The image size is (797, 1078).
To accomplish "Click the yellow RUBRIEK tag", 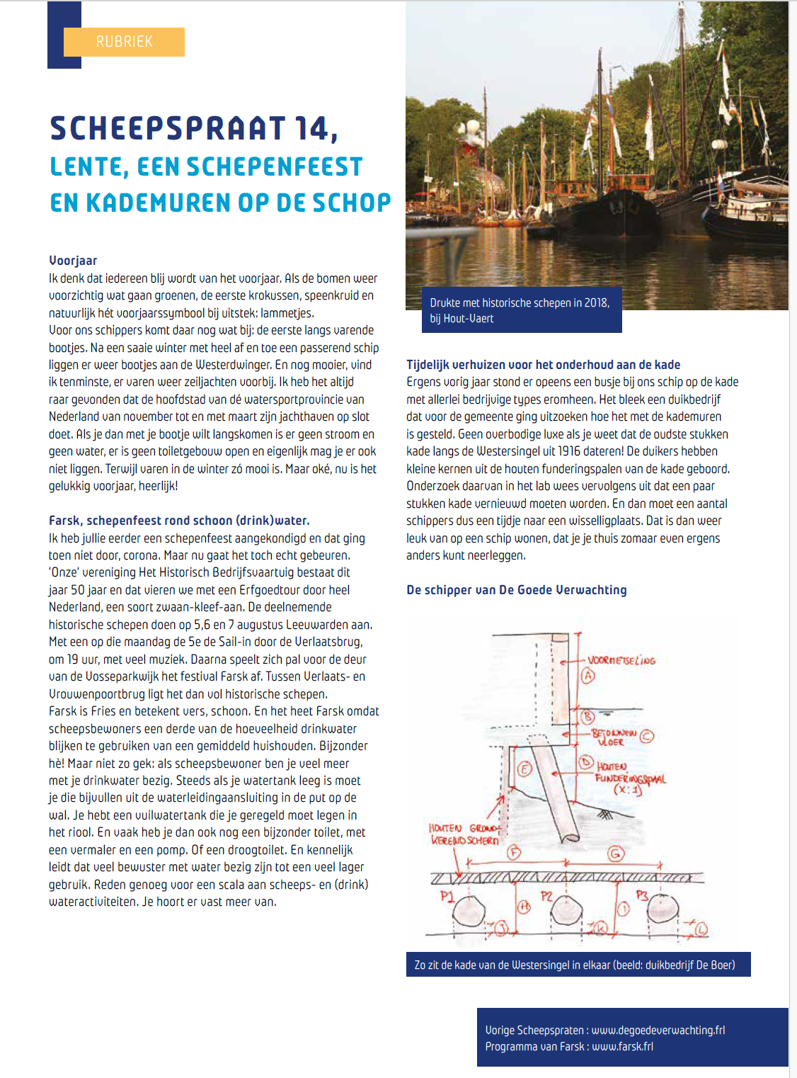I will click(124, 42).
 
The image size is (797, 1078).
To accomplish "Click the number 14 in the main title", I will click(312, 129).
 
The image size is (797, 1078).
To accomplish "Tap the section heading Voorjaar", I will click(73, 261).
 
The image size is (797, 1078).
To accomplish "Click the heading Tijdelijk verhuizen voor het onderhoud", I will click(543, 365).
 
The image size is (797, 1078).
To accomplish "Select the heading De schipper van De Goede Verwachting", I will click(516, 590).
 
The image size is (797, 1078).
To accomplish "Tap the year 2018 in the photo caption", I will click(596, 303).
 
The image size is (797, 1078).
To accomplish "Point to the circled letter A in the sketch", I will click(588, 676).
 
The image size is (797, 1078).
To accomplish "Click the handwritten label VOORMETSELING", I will click(621, 660).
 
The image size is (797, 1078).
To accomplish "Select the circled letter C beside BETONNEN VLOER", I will click(646, 736).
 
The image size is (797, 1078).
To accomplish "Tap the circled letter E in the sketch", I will click(524, 769).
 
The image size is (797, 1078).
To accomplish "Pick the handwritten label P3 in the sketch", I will click(641, 895).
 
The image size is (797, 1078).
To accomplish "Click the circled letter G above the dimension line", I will click(616, 853).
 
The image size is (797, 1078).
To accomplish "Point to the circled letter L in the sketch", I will click(701, 929).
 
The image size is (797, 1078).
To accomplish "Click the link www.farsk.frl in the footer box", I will click(622, 1047).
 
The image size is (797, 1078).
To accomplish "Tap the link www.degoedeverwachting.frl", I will click(658, 1031).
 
